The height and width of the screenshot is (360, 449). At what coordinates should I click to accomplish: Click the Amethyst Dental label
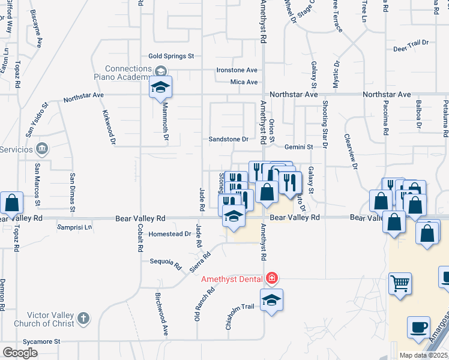point(231,279)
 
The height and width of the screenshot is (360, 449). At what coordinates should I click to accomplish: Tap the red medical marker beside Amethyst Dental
point(271,278)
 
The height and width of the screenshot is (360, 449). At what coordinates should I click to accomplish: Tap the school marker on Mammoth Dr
point(160,88)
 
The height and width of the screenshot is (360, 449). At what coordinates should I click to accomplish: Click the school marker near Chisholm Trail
point(271,301)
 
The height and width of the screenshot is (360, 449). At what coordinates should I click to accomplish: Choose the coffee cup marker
point(419,328)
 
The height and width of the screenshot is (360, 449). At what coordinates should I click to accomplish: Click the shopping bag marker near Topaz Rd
point(11,204)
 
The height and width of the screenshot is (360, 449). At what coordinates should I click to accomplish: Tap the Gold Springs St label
point(171,56)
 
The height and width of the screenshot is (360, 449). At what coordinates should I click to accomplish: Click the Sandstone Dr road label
point(228,139)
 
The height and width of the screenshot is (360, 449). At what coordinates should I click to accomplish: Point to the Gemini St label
point(299,146)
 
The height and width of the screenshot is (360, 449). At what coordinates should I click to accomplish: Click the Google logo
point(20,353)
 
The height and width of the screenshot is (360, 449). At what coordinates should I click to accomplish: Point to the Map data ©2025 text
point(424,355)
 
